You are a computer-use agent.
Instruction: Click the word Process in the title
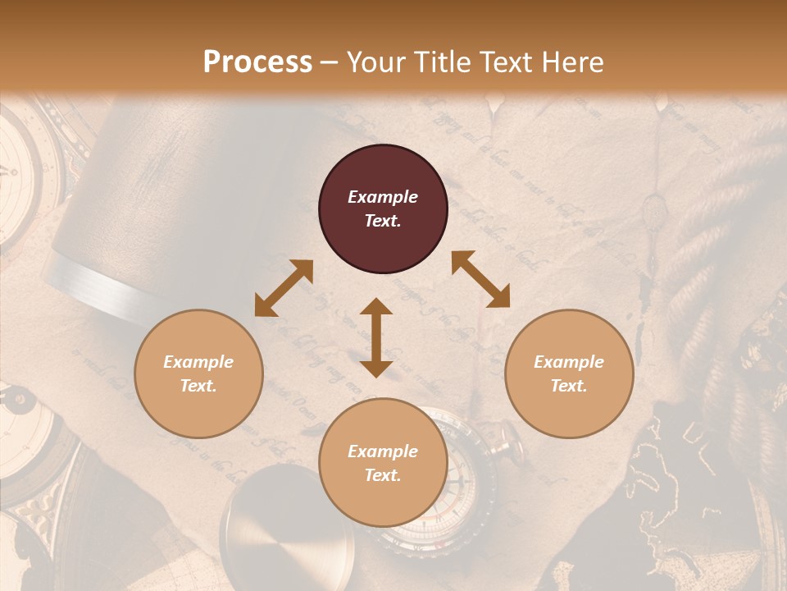click(257, 62)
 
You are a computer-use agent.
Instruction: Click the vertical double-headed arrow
click(376, 337)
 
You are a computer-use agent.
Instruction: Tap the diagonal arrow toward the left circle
click(284, 288)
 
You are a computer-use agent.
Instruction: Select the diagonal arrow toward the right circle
click(480, 279)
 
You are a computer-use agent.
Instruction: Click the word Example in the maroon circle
click(383, 197)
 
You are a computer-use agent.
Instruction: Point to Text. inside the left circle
click(198, 386)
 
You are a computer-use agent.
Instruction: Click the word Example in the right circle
click(569, 362)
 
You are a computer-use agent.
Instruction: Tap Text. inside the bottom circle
click(383, 475)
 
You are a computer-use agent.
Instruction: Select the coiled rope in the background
click(721, 246)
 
